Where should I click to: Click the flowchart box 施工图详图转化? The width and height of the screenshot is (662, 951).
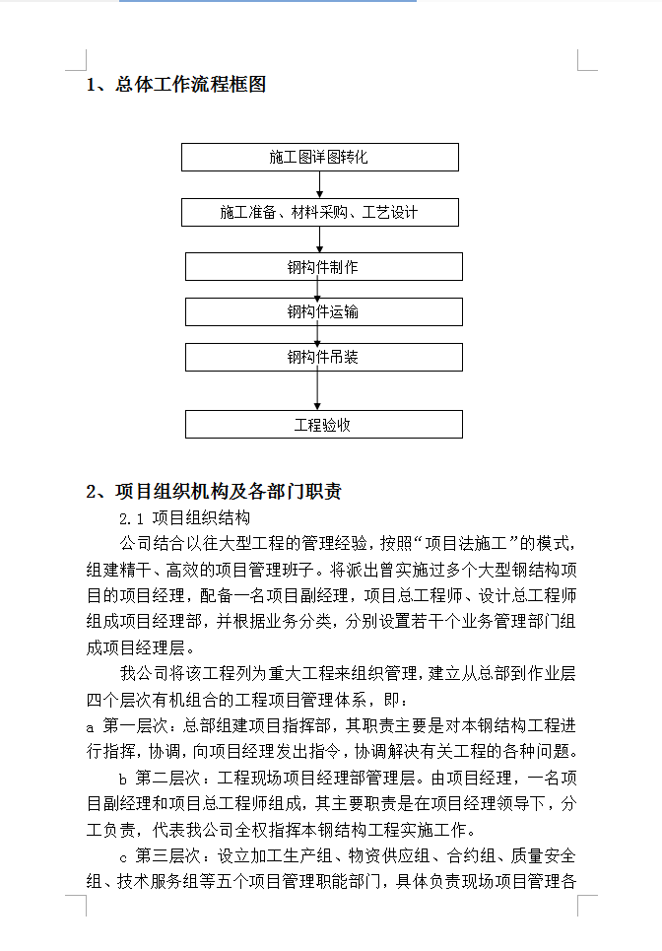(x=319, y=158)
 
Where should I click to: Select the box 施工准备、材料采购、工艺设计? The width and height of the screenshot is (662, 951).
(x=319, y=213)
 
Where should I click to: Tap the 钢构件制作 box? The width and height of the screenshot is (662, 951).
(x=323, y=267)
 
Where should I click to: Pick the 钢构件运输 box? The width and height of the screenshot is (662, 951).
(x=323, y=312)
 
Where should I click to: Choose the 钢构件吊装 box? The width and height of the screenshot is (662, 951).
(x=323, y=357)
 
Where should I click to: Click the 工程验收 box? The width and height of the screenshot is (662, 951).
(x=323, y=425)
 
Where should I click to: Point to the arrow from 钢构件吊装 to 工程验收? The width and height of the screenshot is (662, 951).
(x=318, y=390)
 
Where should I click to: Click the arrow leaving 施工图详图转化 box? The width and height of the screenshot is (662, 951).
(x=319, y=185)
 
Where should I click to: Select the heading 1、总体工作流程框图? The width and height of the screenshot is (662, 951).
(x=176, y=85)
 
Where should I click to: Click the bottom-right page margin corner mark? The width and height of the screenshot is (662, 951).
(x=585, y=903)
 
